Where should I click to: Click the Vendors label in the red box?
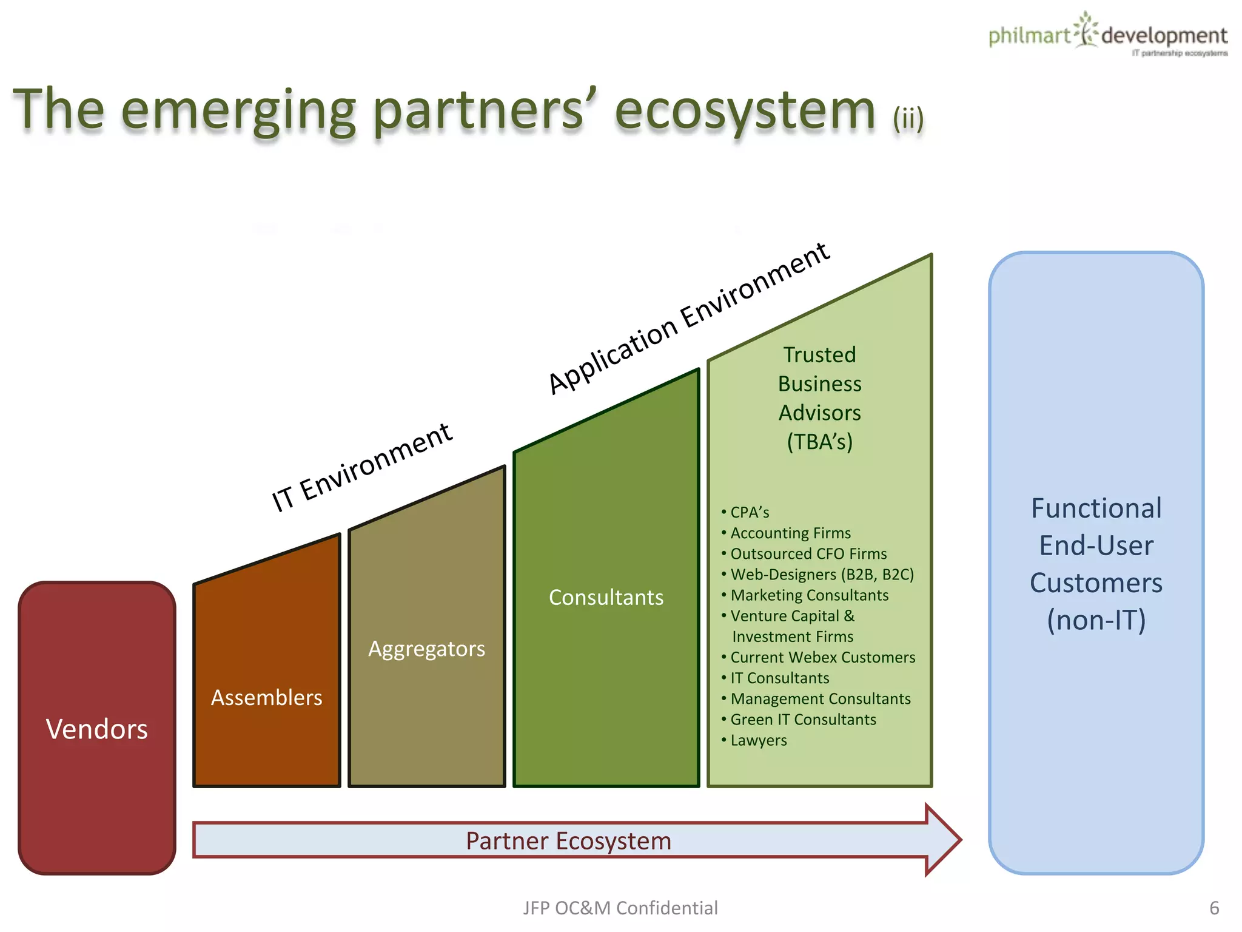pyautogui.click(x=97, y=729)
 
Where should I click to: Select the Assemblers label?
pyautogui.click(x=266, y=698)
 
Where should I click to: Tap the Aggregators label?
pyautogui.click(x=426, y=649)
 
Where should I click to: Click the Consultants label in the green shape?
pyautogui.click(x=606, y=597)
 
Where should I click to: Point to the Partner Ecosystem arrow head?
pyautogui.click(x=943, y=840)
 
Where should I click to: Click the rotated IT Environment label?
pyautogui.click(x=361, y=467)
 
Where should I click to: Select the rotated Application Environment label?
pyautogui.click(x=688, y=318)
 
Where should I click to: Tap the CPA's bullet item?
pyautogui.click(x=749, y=513)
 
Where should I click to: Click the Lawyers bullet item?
pyautogui.click(x=758, y=740)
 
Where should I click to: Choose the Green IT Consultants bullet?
pyautogui.click(x=803, y=720)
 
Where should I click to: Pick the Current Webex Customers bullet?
pyautogui.click(x=822, y=657)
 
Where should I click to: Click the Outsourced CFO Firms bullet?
pyautogui.click(x=808, y=554)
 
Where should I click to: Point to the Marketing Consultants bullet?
pyautogui.click(x=809, y=595)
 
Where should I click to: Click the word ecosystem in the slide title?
pyautogui.click(x=745, y=111)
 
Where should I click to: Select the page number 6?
pyautogui.click(x=1213, y=908)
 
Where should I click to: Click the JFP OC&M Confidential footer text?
pyautogui.click(x=620, y=908)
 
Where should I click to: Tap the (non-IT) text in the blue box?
pyautogui.click(x=1096, y=620)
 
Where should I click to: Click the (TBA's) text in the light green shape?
pyautogui.click(x=819, y=442)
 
